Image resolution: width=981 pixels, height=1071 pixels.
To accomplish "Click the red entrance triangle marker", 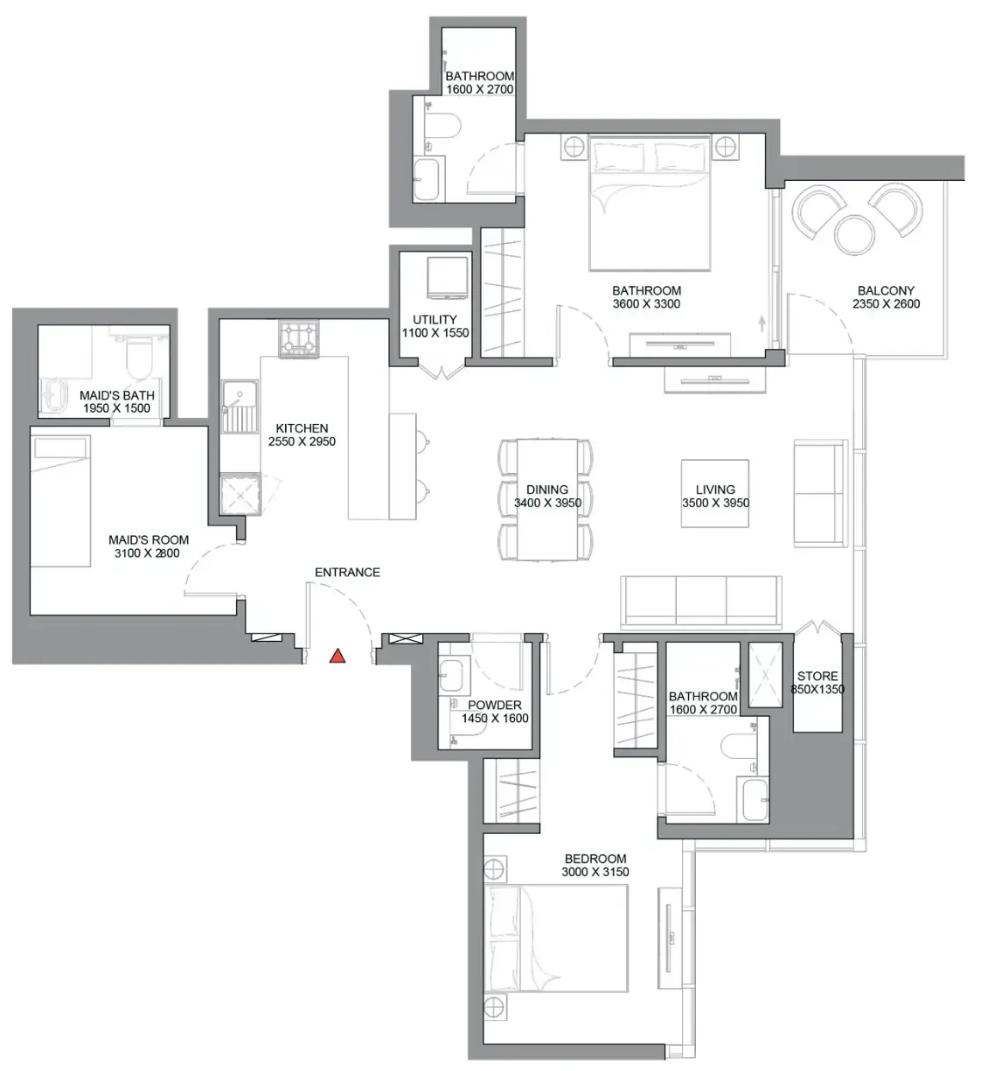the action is point(337,656).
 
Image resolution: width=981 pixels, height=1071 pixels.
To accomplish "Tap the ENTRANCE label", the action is point(347,573).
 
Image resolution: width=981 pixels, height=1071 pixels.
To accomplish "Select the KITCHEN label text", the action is point(302,428).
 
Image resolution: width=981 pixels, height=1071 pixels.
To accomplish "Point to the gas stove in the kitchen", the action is point(298,338).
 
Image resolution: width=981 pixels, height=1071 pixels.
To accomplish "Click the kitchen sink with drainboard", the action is point(240,407).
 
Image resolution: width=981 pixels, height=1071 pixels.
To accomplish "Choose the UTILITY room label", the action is point(435,319).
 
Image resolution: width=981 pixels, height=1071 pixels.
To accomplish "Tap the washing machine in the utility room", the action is point(448,277).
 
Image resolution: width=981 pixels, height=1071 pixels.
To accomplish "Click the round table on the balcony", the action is point(854,233).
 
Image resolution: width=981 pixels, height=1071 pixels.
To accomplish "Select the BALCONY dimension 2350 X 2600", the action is point(886,303).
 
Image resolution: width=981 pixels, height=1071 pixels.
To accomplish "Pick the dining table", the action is point(546,499).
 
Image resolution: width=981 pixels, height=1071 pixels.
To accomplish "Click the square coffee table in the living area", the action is point(714,493).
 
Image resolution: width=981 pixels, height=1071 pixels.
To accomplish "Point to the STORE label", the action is point(817,676).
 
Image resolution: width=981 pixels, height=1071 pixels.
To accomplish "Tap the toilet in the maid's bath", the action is point(139,357).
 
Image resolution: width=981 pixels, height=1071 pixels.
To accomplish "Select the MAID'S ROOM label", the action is point(149,539).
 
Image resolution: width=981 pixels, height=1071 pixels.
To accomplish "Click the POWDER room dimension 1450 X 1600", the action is point(495,718).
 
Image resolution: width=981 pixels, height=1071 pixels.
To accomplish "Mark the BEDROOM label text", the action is point(595,859).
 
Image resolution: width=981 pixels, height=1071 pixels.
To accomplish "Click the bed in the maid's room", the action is point(60,500).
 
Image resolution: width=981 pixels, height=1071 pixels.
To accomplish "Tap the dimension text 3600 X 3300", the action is point(646,303).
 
